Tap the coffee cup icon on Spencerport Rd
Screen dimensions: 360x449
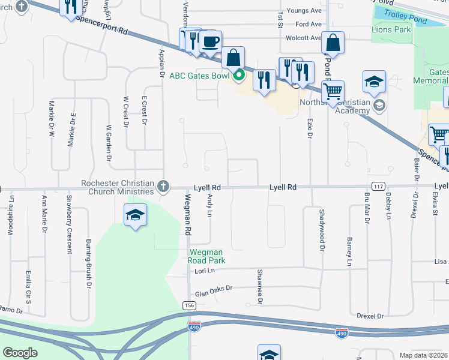click(x=210, y=43)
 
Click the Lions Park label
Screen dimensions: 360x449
click(x=391, y=29)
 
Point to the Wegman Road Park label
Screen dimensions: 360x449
click(x=207, y=256)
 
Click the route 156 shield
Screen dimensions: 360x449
click(x=190, y=305)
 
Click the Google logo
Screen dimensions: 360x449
click(x=20, y=353)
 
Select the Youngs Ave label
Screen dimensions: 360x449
click(x=304, y=11)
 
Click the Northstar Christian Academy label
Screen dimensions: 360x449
click(x=336, y=106)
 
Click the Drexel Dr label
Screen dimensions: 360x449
click(x=370, y=316)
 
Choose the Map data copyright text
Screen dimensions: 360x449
click(x=423, y=355)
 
